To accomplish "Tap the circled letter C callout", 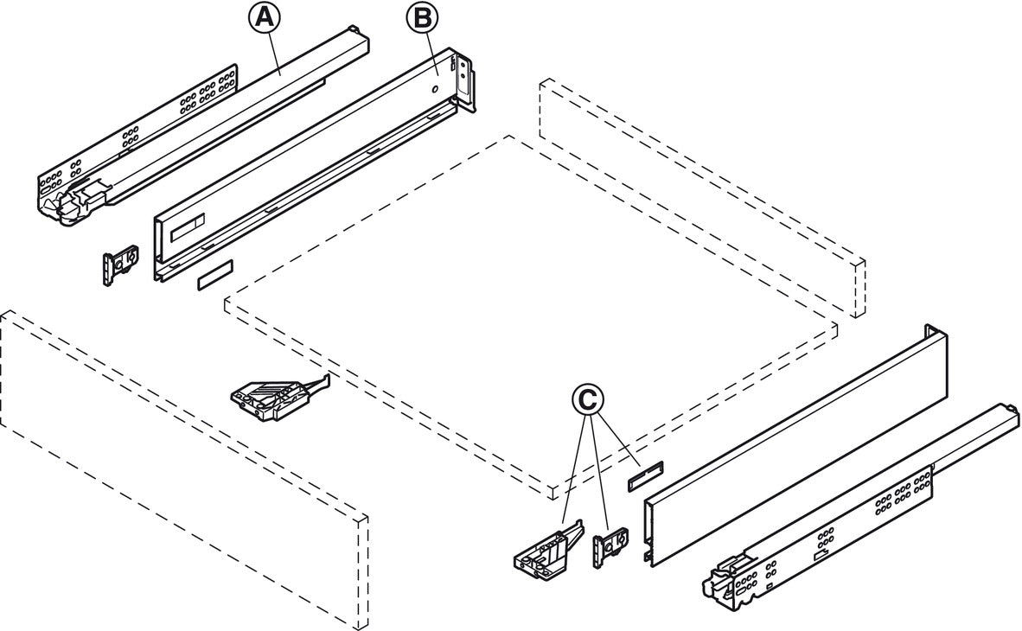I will tap(588, 399).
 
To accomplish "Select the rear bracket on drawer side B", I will tap(466, 84).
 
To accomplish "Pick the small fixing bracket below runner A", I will tap(119, 265).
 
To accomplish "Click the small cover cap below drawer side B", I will tap(214, 277).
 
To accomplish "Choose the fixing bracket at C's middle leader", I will tap(610, 549).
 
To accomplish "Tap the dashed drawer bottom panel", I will tap(527, 320).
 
